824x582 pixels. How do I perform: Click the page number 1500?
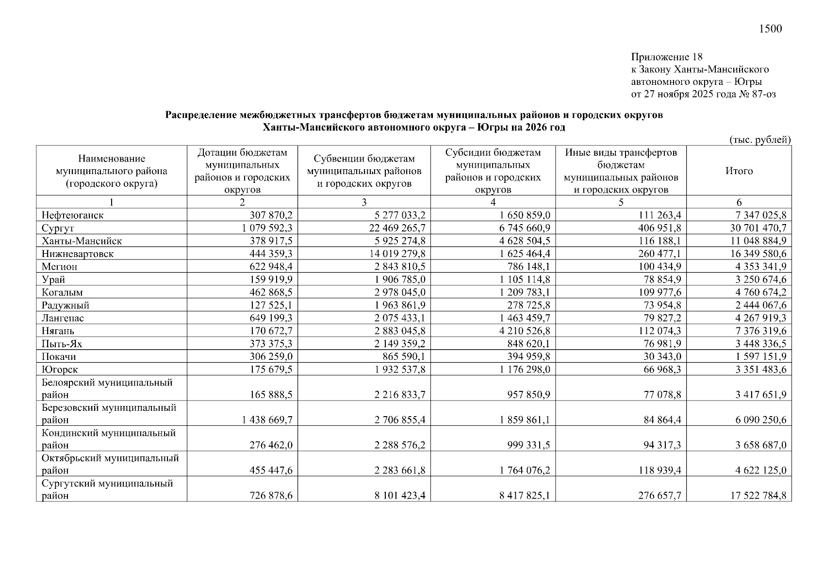point(770,29)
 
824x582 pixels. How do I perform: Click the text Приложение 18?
point(666,57)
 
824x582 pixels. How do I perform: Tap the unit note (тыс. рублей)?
point(760,140)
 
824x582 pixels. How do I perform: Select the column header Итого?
point(739,171)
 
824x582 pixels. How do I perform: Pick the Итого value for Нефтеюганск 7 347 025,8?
point(760,215)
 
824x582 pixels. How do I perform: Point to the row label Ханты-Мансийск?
point(82,241)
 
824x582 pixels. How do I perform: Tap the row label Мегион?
point(59,267)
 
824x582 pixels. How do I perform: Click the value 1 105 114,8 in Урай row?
point(524,279)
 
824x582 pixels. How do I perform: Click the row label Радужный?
point(65,306)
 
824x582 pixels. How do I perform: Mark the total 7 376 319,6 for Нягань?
point(760,331)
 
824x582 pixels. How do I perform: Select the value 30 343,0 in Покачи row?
point(662,357)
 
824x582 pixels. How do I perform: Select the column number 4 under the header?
point(493,203)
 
